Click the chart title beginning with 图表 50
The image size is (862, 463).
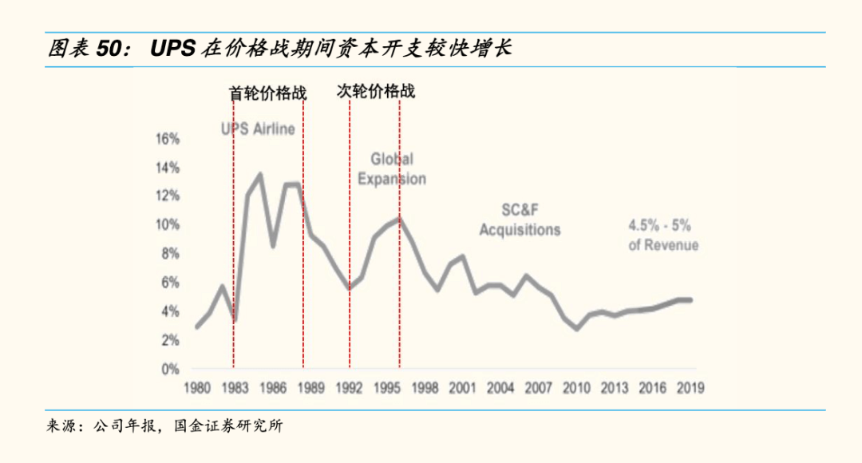pos(279,49)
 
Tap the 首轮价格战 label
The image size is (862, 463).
pos(267,93)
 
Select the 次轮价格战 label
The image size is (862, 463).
pos(375,91)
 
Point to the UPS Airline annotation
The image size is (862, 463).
pos(258,129)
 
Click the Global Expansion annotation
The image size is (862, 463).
pos(391,169)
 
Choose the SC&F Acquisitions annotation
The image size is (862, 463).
pos(520,220)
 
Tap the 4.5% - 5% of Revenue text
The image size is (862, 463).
pos(662,236)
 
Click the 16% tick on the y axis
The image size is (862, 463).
pos(168,139)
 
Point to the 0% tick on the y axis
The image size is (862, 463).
pos(169,370)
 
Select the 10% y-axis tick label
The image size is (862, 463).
pos(168,225)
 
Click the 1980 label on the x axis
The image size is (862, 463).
pos(197,389)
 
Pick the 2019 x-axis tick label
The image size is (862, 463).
pos(690,389)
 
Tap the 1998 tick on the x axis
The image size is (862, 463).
pos(425,389)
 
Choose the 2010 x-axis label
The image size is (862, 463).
pos(576,389)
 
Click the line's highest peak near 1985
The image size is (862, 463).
pos(260,174)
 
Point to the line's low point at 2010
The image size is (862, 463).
pos(576,328)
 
